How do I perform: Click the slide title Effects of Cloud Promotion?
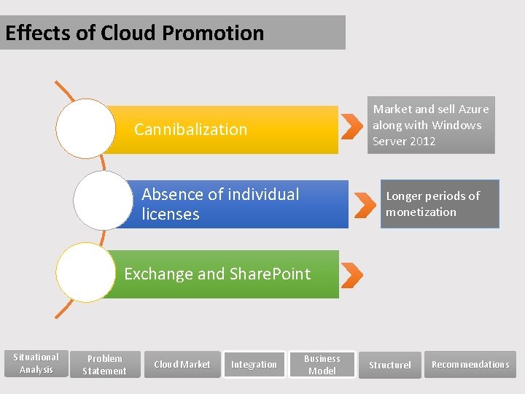135,33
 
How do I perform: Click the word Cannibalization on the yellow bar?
191,129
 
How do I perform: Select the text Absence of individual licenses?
220,204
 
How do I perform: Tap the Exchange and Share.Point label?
217,274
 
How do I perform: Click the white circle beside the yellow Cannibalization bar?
86,128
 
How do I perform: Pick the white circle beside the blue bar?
104,200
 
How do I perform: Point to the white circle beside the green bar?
85,272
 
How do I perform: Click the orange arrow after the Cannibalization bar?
351,125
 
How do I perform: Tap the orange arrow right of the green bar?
352,275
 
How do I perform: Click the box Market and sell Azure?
431,125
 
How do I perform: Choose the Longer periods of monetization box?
440,204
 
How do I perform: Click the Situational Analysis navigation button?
36,363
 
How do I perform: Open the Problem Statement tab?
104,364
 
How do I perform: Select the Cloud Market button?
182,364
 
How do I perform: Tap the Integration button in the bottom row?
254,364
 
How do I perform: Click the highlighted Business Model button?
322,364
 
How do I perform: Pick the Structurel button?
390,365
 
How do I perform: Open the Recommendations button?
470,364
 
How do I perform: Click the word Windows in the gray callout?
456,125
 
